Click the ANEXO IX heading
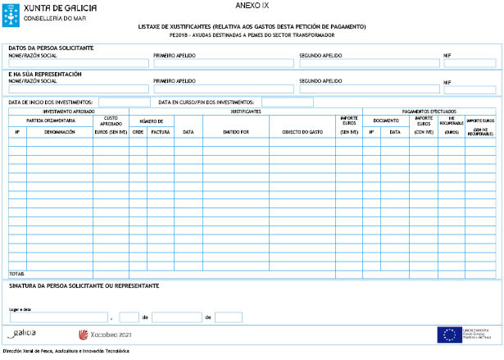251,5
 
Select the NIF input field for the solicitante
470,63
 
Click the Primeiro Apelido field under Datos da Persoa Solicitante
223,63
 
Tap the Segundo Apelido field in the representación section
369,89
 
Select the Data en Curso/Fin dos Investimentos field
287,103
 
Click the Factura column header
160,131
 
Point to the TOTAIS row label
16,274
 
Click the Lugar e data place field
59,317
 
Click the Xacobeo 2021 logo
104,335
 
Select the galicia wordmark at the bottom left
25,334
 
